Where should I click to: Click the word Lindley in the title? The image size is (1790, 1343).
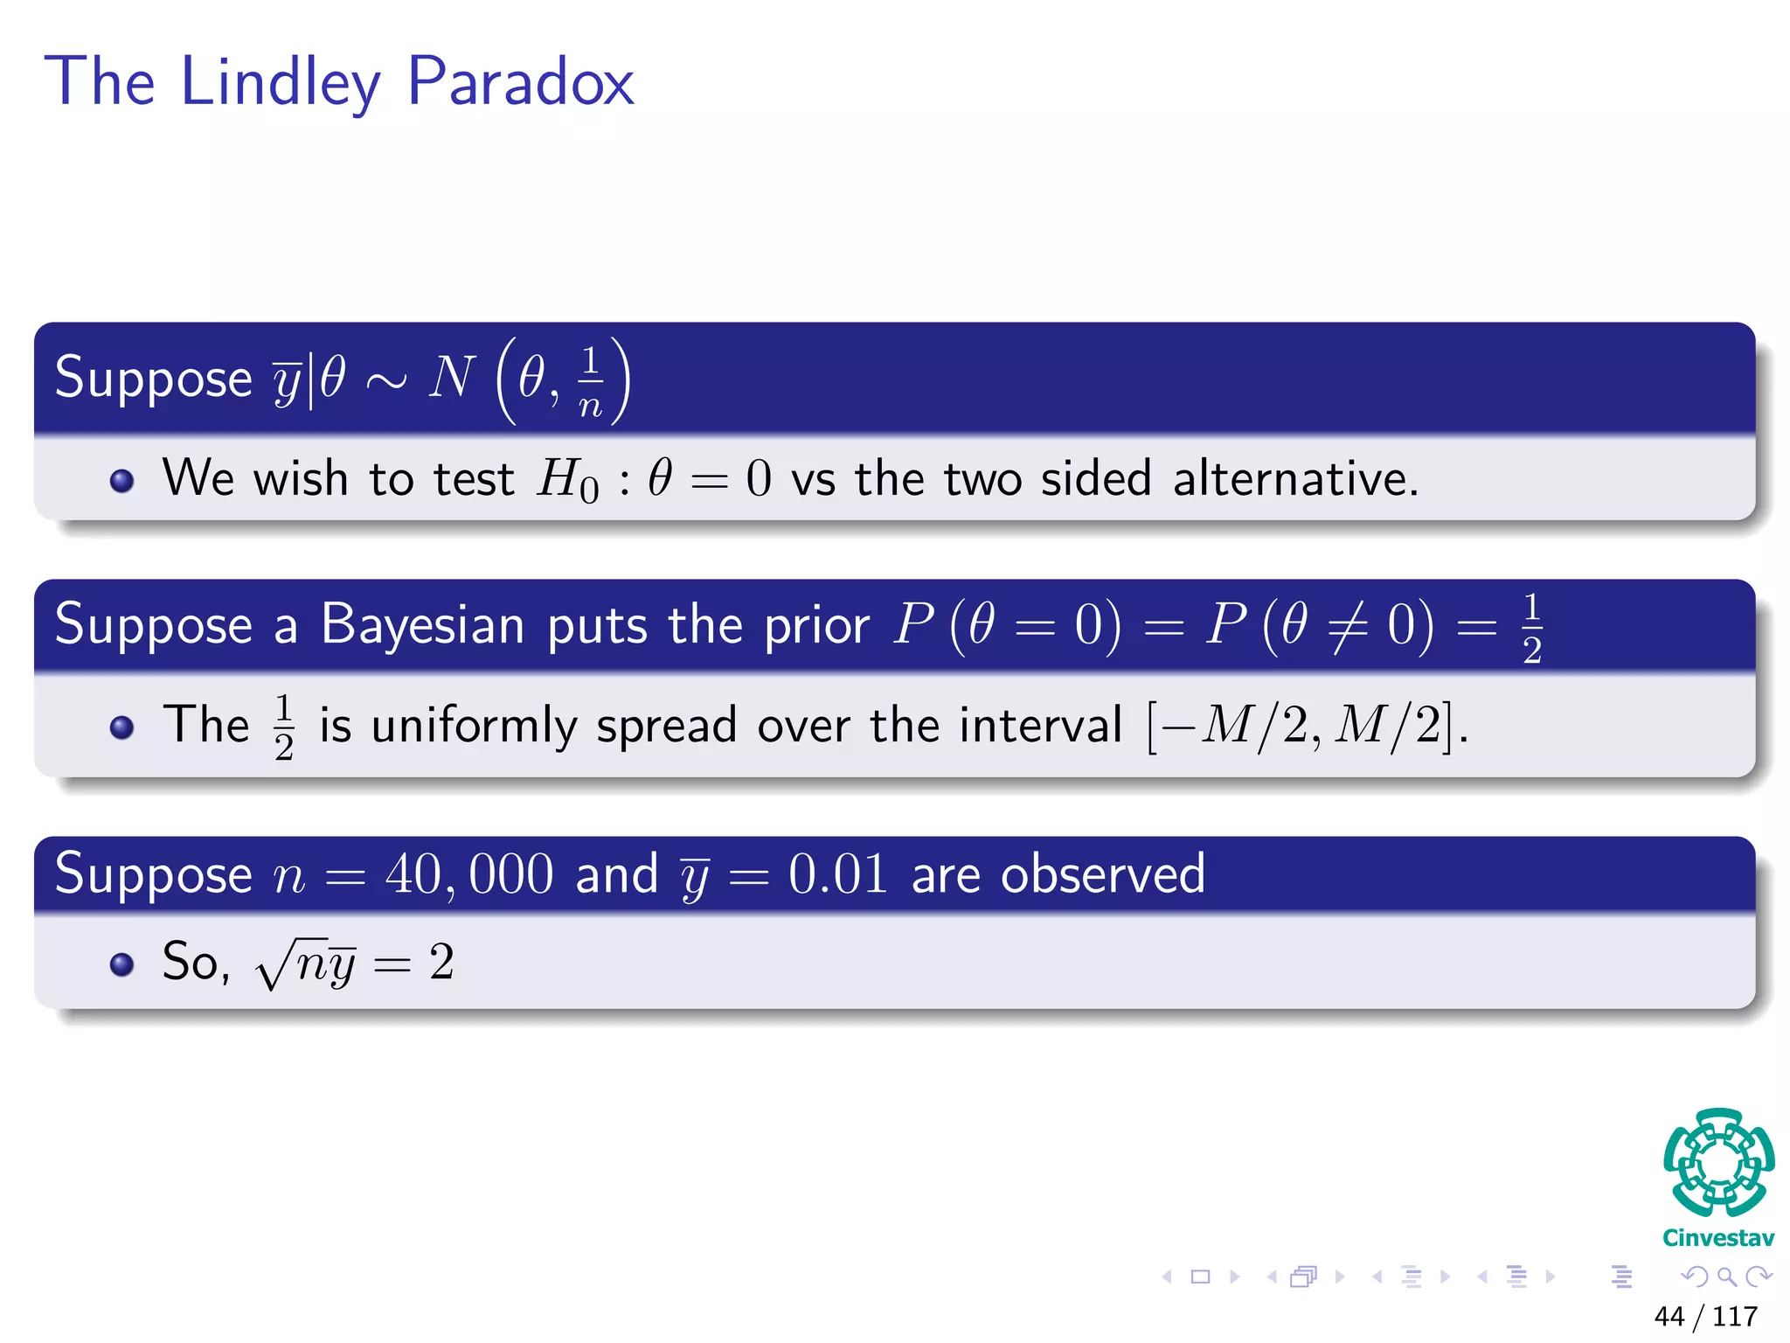pyautogui.click(x=281, y=82)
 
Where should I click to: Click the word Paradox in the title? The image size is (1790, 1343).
pyautogui.click(x=521, y=82)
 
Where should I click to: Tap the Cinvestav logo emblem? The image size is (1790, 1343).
pyautogui.click(x=1718, y=1164)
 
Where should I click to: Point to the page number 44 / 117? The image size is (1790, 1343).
pyautogui.click(x=1705, y=1316)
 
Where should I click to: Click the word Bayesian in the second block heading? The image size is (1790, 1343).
pyautogui.click(x=423, y=625)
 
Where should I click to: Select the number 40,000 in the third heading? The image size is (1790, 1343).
pyautogui.click(x=469, y=873)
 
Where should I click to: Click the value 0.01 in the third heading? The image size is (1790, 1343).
pyautogui.click(x=837, y=873)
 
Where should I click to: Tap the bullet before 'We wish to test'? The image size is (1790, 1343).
pyautogui.click(x=122, y=481)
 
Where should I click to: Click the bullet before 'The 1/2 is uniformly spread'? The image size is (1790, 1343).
pyautogui.click(x=122, y=727)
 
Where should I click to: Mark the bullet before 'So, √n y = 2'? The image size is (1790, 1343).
pyautogui.click(x=122, y=964)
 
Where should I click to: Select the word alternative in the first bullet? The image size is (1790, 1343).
pyautogui.click(x=1294, y=479)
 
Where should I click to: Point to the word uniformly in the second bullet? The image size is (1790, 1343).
pyautogui.click(x=474, y=726)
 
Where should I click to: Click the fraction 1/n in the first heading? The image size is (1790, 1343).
pyautogui.click(x=591, y=381)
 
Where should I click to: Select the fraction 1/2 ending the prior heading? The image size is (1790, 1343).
pyautogui.click(x=1531, y=628)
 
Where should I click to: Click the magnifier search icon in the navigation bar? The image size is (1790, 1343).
pyautogui.click(x=1726, y=1277)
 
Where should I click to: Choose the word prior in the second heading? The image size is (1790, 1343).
pyautogui.click(x=816, y=626)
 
